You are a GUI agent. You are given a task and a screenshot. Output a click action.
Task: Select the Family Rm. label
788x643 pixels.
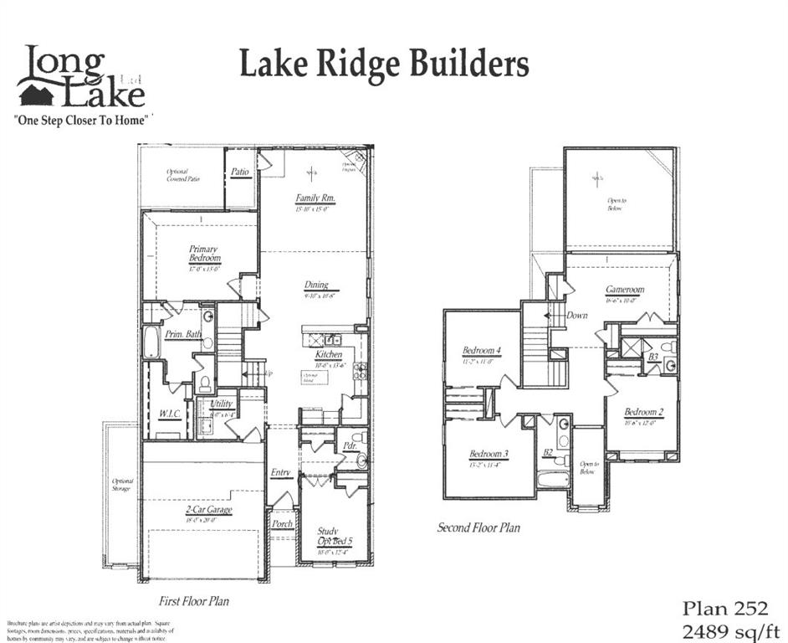tap(315, 198)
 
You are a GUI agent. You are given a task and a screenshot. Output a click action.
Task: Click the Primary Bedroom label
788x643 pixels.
tap(203, 254)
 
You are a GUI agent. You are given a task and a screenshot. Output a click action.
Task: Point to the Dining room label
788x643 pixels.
tap(316, 285)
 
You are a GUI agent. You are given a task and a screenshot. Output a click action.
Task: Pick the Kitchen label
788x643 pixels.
tap(329, 355)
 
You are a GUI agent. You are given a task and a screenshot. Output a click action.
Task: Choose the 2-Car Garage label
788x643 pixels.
tap(208, 509)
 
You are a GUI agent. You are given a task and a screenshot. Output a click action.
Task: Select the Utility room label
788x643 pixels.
tap(221, 404)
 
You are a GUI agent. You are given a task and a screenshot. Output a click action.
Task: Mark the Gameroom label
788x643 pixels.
tap(625, 290)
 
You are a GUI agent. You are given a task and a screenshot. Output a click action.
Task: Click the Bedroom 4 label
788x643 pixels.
tap(481, 350)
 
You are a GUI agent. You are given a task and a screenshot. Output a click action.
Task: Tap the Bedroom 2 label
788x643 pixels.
tap(643, 411)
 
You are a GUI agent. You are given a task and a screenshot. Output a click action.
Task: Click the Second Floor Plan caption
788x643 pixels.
tap(478, 527)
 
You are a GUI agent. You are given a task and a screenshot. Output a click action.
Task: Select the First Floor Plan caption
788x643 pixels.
tap(194, 600)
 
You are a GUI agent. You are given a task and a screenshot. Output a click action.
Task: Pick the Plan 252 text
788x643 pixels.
tap(725, 608)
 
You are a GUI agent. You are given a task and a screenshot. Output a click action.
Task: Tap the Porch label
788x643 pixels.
tap(282, 524)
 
